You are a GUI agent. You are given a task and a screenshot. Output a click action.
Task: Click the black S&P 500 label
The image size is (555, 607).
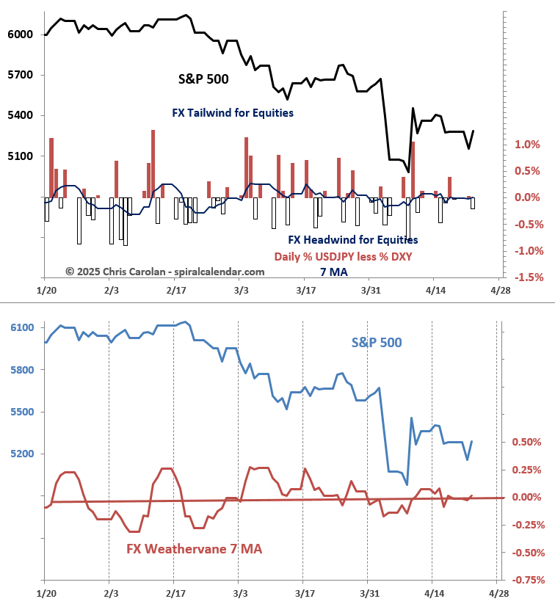click(x=203, y=79)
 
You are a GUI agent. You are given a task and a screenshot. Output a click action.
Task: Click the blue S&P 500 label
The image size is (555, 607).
click(x=377, y=342)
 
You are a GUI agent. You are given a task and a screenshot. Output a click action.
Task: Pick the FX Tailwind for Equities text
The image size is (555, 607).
click(x=233, y=113)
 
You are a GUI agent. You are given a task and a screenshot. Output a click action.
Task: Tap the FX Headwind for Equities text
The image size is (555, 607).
click(x=352, y=239)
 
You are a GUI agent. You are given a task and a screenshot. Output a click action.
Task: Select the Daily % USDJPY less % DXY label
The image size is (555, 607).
click(x=343, y=257)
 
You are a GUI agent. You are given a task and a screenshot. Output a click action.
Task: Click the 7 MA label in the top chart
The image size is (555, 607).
click(x=334, y=272)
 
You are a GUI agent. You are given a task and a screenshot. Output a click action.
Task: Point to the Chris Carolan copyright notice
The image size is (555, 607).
click(x=164, y=272)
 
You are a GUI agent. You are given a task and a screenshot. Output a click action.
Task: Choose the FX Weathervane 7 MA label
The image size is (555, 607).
click(x=194, y=549)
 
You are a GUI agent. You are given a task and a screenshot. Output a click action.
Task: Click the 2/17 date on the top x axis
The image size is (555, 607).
click(x=175, y=291)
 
